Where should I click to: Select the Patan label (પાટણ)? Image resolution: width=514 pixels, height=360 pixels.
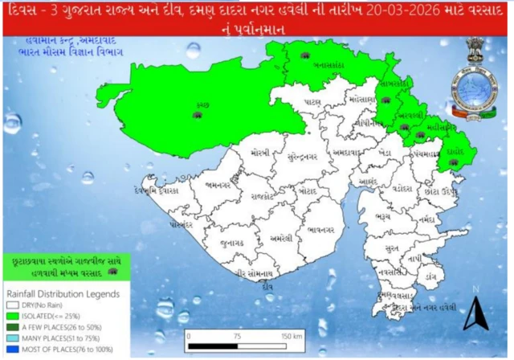311,103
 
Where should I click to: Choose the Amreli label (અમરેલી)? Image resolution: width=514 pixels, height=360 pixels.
280,239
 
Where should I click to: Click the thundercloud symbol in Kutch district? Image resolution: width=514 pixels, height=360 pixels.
197,115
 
